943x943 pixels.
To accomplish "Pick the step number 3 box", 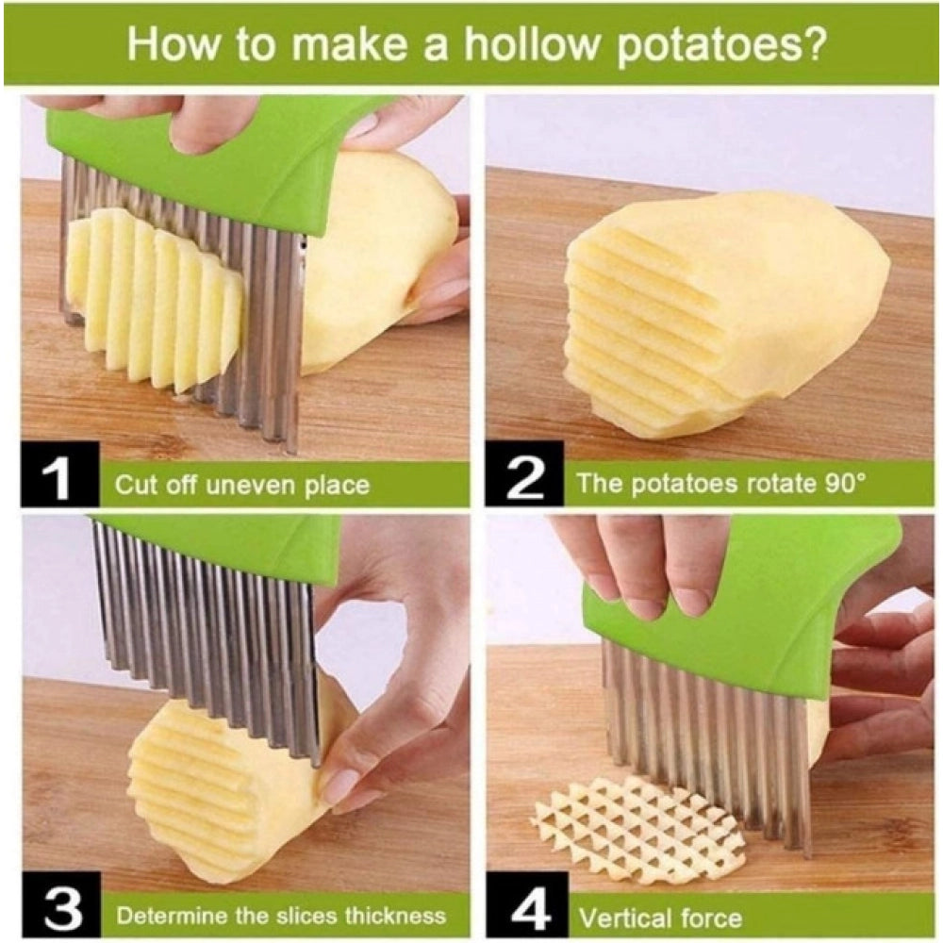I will pyautogui.click(x=58, y=914).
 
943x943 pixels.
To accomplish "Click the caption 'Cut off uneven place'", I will pyautogui.click(x=241, y=486).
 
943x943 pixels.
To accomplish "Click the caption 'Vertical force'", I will pyautogui.click(x=660, y=917).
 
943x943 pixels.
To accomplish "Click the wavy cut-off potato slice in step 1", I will pyautogui.click(x=151, y=292).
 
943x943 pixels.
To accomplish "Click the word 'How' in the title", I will pyautogui.click(x=171, y=43).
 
